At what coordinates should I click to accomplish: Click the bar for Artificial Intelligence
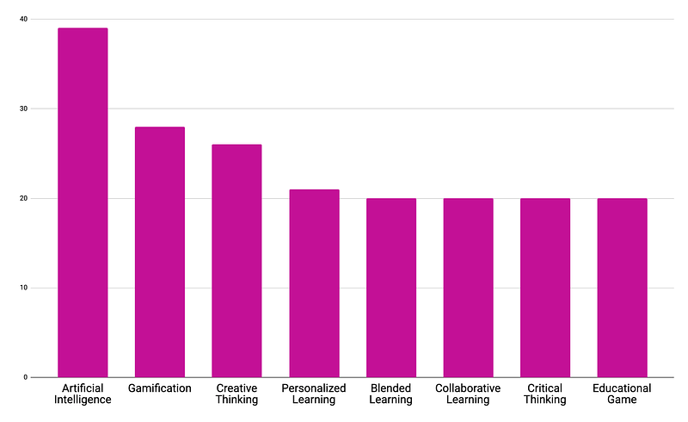tap(83, 202)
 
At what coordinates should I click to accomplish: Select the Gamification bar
tap(160, 251)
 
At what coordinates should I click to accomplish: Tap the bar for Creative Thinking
tap(236, 260)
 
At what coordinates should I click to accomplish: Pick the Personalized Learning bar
tap(314, 282)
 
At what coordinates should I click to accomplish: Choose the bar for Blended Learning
tap(391, 288)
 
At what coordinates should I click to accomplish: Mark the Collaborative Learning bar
tap(468, 288)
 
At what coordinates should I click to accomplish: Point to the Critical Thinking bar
tap(545, 288)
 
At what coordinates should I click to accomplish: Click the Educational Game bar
tap(622, 288)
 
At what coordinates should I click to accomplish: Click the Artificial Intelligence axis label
tap(83, 394)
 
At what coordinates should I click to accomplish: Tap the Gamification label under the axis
tap(160, 388)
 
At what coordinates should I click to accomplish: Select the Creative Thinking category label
tap(236, 394)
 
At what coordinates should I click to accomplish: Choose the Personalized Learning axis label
tap(314, 394)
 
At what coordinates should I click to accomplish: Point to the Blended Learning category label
tap(391, 394)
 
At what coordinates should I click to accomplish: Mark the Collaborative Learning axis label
tap(468, 394)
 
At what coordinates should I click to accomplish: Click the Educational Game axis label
tap(622, 394)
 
